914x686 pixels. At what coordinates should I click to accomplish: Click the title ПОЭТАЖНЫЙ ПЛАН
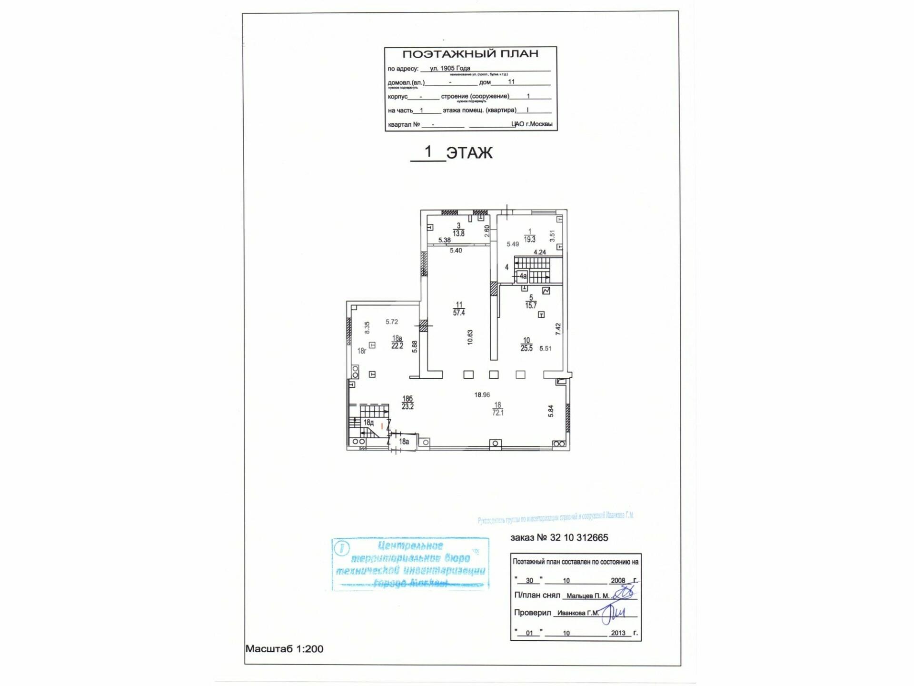[470, 54]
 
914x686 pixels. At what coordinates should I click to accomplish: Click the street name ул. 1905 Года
[450, 68]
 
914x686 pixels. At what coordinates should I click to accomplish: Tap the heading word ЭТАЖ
[469, 153]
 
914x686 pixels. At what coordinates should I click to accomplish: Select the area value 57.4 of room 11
[459, 313]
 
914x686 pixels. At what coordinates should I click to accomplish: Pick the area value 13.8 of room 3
[458, 234]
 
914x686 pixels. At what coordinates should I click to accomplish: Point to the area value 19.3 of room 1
[529, 240]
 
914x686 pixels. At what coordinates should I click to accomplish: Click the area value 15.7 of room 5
[531, 306]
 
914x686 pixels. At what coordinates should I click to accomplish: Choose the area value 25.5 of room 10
[527, 348]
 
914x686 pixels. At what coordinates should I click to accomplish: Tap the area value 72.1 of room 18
[498, 413]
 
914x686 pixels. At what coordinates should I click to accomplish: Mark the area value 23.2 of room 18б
[407, 407]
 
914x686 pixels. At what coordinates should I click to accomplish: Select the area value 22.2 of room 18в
[397, 346]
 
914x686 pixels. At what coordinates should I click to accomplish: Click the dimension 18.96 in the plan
[482, 395]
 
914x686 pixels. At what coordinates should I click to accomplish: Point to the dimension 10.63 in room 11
[470, 337]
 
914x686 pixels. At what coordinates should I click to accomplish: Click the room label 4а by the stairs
[523, 276]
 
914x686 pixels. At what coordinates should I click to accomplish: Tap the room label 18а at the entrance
[404, 442]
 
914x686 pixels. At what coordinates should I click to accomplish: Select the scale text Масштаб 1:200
[284, 649]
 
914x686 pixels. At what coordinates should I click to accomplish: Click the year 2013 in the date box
[618, 633]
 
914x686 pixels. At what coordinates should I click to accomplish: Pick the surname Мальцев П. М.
[587, 596]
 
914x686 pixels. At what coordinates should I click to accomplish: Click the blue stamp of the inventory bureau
[410, 565]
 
